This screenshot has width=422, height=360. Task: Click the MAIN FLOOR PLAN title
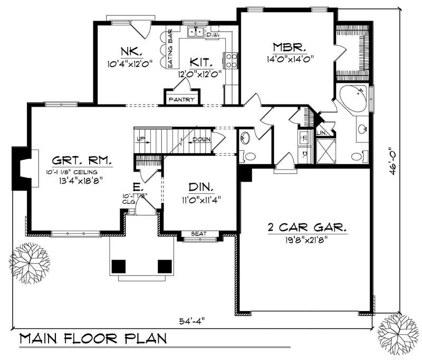92,339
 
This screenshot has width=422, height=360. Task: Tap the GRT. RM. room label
82,160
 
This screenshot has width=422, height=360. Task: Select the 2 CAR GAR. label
306,229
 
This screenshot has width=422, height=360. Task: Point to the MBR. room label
286,48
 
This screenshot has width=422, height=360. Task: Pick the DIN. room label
200,187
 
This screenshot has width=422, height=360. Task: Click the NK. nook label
130,51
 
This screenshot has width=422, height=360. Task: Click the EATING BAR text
170,48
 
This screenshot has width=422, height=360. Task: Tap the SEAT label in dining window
198,234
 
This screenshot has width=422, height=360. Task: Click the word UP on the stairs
140,139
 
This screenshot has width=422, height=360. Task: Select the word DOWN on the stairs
201,139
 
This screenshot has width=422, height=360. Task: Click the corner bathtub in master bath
352,98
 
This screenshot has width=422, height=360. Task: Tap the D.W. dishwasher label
213,35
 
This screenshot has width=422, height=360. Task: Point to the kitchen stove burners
231,60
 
